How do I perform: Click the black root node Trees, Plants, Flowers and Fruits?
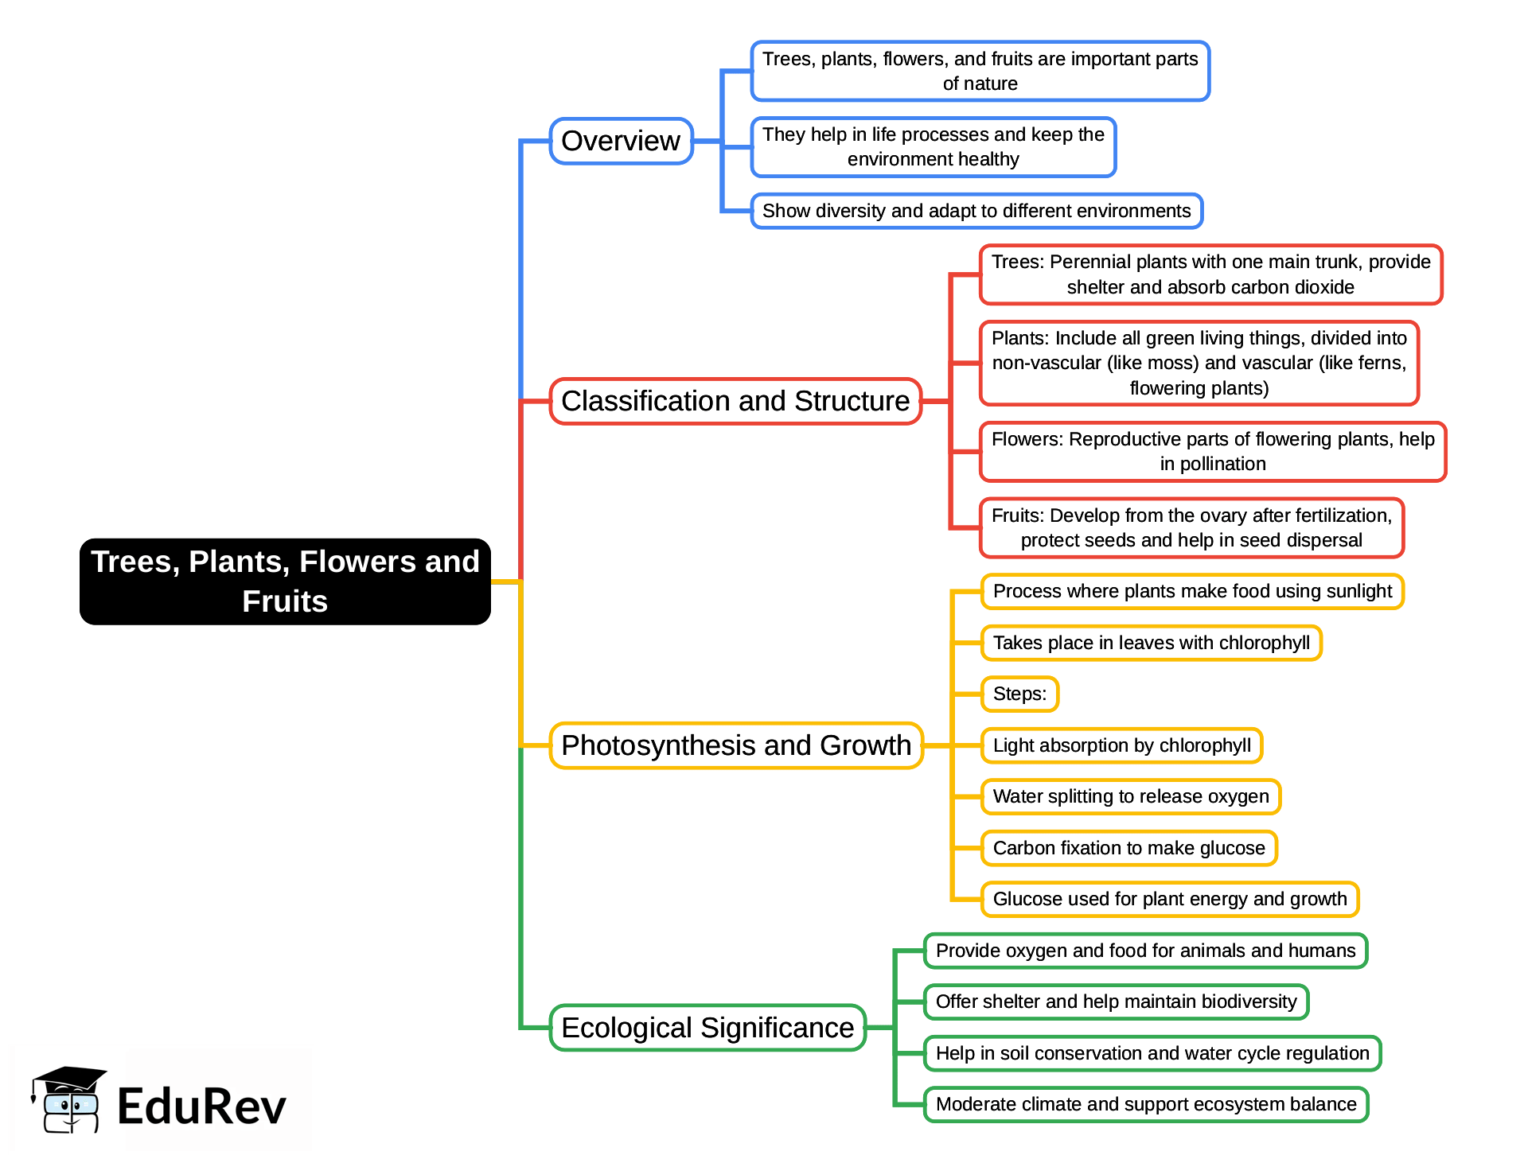285,581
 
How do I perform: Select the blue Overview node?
621,142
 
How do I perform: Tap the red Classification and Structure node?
735,401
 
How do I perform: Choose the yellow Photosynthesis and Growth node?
735,745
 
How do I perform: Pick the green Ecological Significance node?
707,1028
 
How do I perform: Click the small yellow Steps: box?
1019,694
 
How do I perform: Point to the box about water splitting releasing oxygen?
1130,796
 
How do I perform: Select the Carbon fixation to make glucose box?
1128,848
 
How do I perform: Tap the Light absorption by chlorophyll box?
1121,745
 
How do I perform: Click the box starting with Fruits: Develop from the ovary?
1191,527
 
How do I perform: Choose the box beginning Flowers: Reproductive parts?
1212,451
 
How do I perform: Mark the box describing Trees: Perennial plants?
1210,274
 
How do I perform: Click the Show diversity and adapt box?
976,211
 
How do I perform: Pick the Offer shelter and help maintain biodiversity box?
1116,1002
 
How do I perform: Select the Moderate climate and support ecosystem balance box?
1145,1104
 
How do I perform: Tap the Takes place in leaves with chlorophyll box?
1151,643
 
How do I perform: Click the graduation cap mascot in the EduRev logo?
68,1100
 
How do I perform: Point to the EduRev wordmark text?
201,1107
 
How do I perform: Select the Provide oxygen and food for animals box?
1145,951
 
